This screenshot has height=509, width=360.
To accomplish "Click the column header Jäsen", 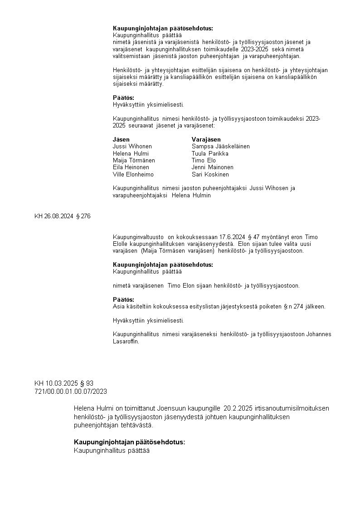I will pyautogui.click(x=121, y=139).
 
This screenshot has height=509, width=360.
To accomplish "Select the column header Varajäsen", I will pyautogui.click(x=206, y=139).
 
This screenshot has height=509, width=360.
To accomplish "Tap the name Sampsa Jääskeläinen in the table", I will pyautogui.click(x=220, y=147).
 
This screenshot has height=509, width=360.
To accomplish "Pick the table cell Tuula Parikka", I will pyautogui.click(x=210, y=153).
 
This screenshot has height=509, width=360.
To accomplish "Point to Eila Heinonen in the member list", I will pyautogui.click(x=131, y=167).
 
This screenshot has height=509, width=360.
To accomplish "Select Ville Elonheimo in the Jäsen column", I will pyautogui.click(x=133, y=174).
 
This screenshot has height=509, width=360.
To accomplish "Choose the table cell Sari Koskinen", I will pyautogui.click(x=210, y=174).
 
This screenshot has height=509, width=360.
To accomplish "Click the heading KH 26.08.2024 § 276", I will pyautogui.click(x=63, y=216).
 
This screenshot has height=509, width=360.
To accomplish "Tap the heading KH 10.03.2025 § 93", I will pyautogui.click(x=64, y=383).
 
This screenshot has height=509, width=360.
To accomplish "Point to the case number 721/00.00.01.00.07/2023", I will pyautogui.click(x=71, y=391).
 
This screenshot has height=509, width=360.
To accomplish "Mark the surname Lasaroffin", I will pyautogui.click(x=126, y=342).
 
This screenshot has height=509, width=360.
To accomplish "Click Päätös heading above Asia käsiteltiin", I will pyautogui.click(x=123, y=299).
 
